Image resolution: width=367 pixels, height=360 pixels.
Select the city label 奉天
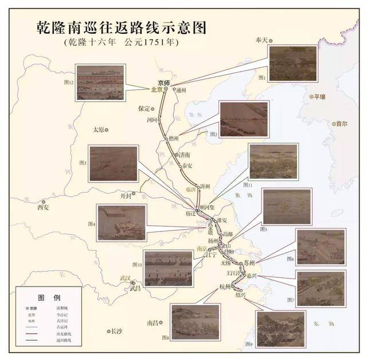[261, 40]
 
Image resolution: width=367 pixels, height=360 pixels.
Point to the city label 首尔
[341, 123]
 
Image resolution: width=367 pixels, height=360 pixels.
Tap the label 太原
[99, 130]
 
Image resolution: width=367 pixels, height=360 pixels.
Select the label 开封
[126, 195]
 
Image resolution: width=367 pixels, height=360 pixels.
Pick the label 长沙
[116, 331]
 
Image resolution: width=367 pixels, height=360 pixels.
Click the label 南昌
[151, 323]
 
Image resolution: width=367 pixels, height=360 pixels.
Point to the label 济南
[183, 154]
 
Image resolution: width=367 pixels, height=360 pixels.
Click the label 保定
[143, 108]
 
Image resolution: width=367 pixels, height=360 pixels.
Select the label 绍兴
[239, 295]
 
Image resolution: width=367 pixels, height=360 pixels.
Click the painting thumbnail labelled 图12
[99, 83]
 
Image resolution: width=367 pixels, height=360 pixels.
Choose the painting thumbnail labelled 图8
[194, 320]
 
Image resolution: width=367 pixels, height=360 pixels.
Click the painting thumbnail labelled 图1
[292, 63]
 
